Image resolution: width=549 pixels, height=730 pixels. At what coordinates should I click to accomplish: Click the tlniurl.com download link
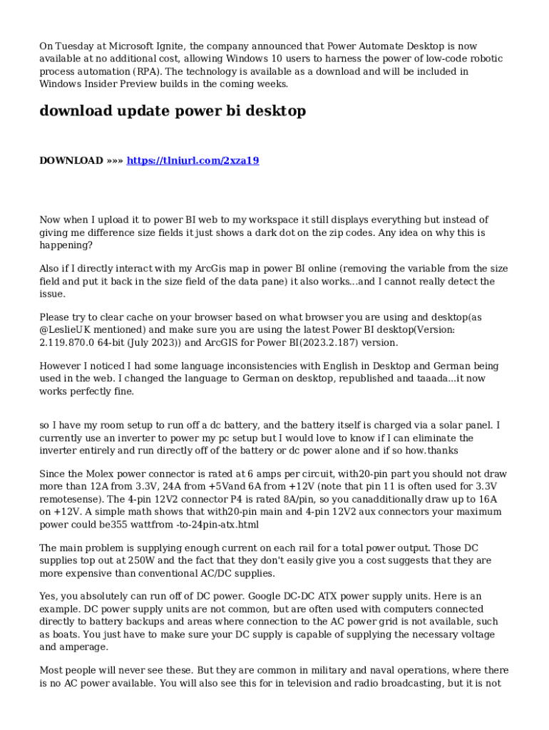pos(193,160)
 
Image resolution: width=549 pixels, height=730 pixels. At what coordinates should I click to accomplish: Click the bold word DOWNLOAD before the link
pos(71,160)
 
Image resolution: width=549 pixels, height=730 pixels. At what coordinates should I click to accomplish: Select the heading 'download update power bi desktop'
pos(173,111)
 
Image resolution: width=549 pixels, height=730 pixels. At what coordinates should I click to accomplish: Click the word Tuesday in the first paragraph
pos(76,46)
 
